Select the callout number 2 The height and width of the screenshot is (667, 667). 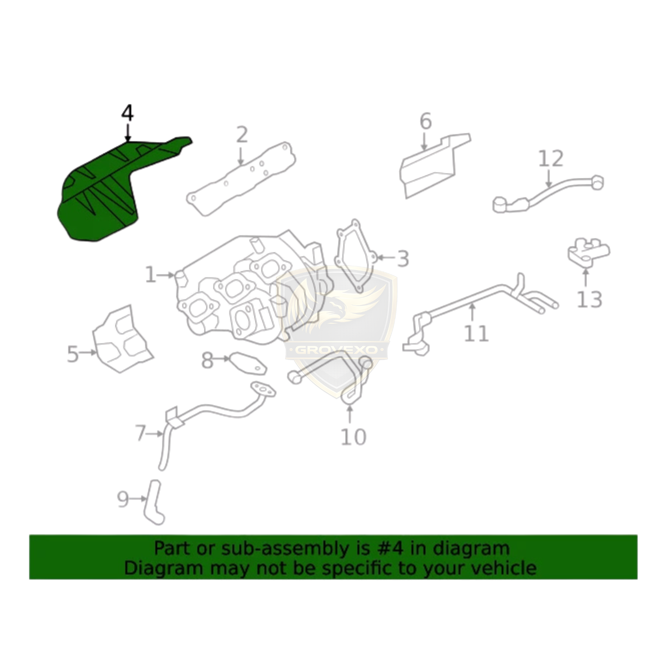tap(242, 135)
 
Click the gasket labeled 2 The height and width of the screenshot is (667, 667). tap(241, 178)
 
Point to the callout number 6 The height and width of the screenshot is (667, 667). tap(425, 122)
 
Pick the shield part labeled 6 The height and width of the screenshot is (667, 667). tap(432, 166)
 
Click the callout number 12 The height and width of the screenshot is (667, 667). tap(551, 158)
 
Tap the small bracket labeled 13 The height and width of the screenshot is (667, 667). tap(589, 253)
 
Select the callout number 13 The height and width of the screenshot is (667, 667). tap(590, 300)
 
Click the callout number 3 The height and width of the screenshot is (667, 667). tap(402, 258)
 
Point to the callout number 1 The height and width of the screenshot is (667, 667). tap(151, 275)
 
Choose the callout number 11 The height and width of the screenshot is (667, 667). tap(476, 333)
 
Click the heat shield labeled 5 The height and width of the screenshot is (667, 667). tap(122, 339)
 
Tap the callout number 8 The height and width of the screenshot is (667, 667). tap(207, 360)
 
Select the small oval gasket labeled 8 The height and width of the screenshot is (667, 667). tap(248, 363)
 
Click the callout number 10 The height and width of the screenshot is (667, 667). tap(354, 437)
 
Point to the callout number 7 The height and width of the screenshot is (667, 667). tap(141, 434)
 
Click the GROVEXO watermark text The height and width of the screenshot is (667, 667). tap(336, 350)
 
